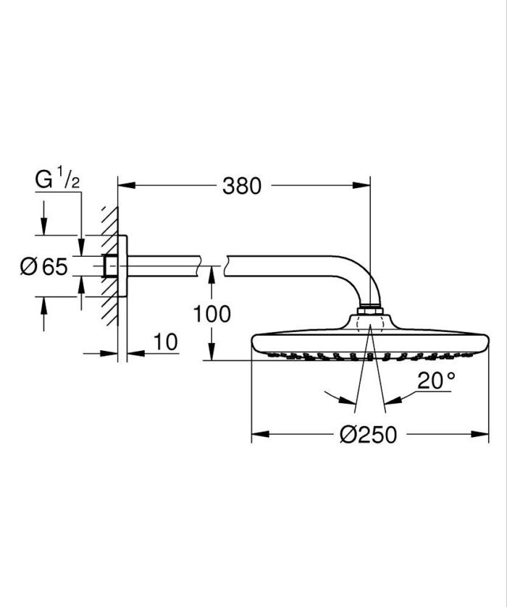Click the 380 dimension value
pyautogui.click(x=241, y=186)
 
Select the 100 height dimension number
pyautogui.click(x=212, y=314)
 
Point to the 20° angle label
pyautogui.click(x=436, y=381)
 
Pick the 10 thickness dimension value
pyautogui.click(x=166, y=342)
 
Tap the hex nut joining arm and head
pyautogui.click(x=369, y=310)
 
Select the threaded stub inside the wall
pyautogui.click(x=110, y=266)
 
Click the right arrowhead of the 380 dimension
pyautogui.click(x=364, y=186)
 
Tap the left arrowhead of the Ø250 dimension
pyautogui.click(x=257, y=434)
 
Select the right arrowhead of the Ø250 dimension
pyautogui.click(x=484, y=434)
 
